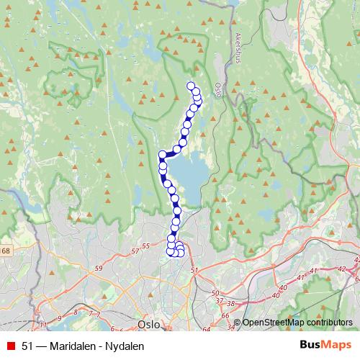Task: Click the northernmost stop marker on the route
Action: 192,87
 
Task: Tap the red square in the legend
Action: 10,346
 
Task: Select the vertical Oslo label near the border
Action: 217,89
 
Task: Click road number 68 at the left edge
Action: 6,250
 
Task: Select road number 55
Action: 146,246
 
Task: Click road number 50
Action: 215,292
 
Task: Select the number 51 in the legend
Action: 27,346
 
